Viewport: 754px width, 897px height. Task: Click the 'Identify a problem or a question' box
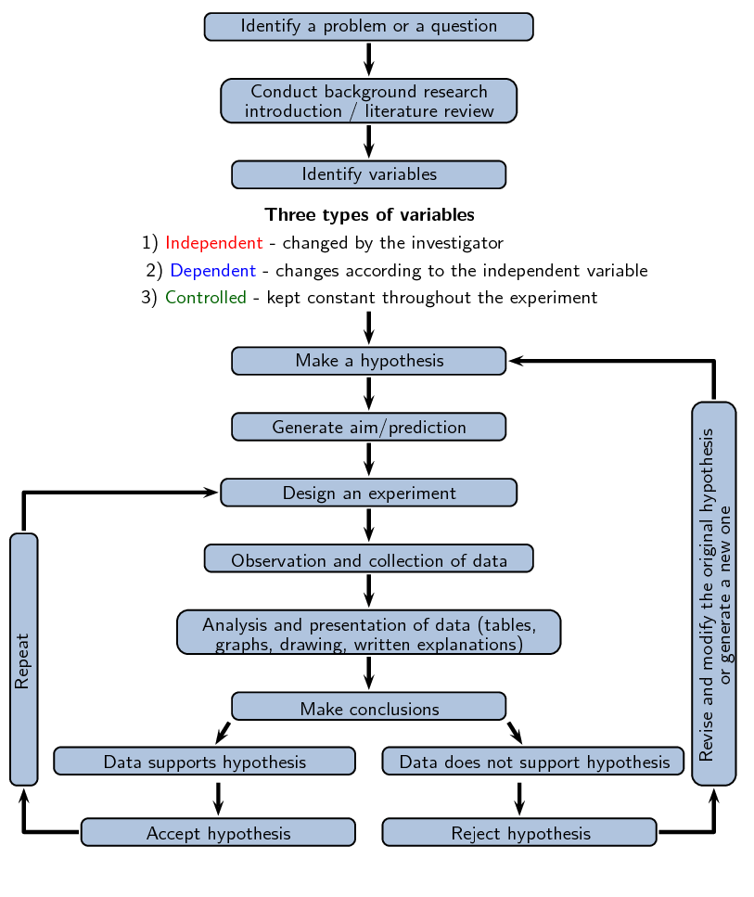[368, 27]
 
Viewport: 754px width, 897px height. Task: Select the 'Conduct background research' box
[368, 101]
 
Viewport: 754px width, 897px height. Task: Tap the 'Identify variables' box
[368, 174]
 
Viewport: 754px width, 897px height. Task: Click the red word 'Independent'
[214, 243]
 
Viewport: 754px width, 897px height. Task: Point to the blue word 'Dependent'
[212, 271]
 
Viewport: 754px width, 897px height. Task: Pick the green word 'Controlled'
[206, 298]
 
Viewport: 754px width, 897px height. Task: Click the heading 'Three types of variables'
[369, 215]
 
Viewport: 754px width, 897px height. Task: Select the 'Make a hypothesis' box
[368, 361]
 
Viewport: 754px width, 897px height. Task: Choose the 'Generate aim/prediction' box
[368, 427]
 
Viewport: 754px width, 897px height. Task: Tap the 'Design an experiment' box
[368, 493]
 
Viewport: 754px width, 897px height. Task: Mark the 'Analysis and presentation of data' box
[368, 632]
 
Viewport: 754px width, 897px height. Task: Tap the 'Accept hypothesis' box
[218, 832]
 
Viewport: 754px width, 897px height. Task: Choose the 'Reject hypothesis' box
[519, 832]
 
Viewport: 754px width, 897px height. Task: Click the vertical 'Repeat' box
[24, 660]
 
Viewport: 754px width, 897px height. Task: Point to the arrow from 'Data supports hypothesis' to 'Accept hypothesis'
[218, 797]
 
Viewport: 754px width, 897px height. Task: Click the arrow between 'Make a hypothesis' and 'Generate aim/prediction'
[368, 393]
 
